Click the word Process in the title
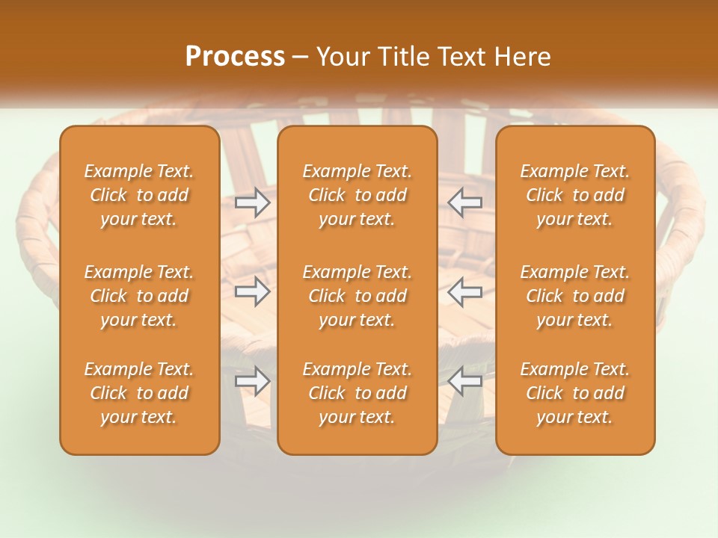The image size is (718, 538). (235, 57)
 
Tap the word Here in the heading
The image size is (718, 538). (521, 57)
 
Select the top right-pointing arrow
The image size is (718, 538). (252, 202)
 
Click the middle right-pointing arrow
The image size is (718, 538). (252, 291)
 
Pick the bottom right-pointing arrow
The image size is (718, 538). (252, 381)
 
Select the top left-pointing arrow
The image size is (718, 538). (465, 202)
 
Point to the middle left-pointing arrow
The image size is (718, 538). (465, 291)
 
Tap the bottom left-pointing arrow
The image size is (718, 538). (465, 381)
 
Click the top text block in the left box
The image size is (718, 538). (139, 195)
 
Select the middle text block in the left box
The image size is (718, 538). (139, 296)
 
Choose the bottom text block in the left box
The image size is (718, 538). (139, 393)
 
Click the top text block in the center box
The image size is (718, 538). (357, 195)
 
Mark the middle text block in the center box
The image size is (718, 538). (357, 296)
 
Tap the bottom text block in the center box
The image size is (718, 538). (357, 393)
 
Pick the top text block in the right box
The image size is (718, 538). (574, 195)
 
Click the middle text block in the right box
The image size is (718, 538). (574, 296)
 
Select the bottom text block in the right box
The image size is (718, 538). (574, 393)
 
